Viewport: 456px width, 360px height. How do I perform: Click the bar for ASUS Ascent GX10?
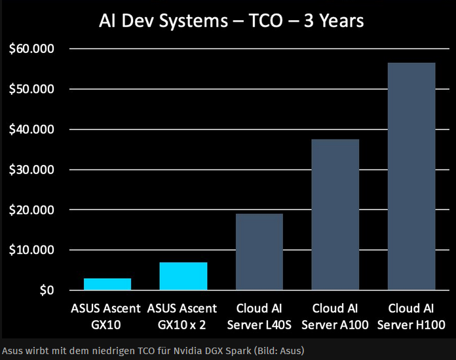coord(107,284)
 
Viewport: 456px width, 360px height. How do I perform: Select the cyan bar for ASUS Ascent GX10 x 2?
coord(183,276)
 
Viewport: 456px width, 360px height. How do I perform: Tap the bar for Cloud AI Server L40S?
coord(259,252)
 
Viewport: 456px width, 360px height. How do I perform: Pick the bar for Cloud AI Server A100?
coord(335,215)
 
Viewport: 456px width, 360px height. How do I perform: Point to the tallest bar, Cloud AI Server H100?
coord(411,177)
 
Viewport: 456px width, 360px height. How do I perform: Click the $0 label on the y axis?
coord(46,291)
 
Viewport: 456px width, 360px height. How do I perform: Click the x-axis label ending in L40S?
coord(259,316)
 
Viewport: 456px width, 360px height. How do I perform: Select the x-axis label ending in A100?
coord(335,316)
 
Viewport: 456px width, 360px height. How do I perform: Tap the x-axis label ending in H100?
coord(411,316)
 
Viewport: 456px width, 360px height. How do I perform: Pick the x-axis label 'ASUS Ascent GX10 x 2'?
coord(183,316)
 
